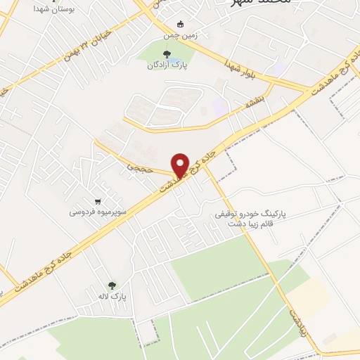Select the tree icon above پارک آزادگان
tap(167, 54)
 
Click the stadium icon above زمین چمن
tap(181, 22)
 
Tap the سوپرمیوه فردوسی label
tap(97, 211)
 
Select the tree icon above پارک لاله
tap(111, 286)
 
